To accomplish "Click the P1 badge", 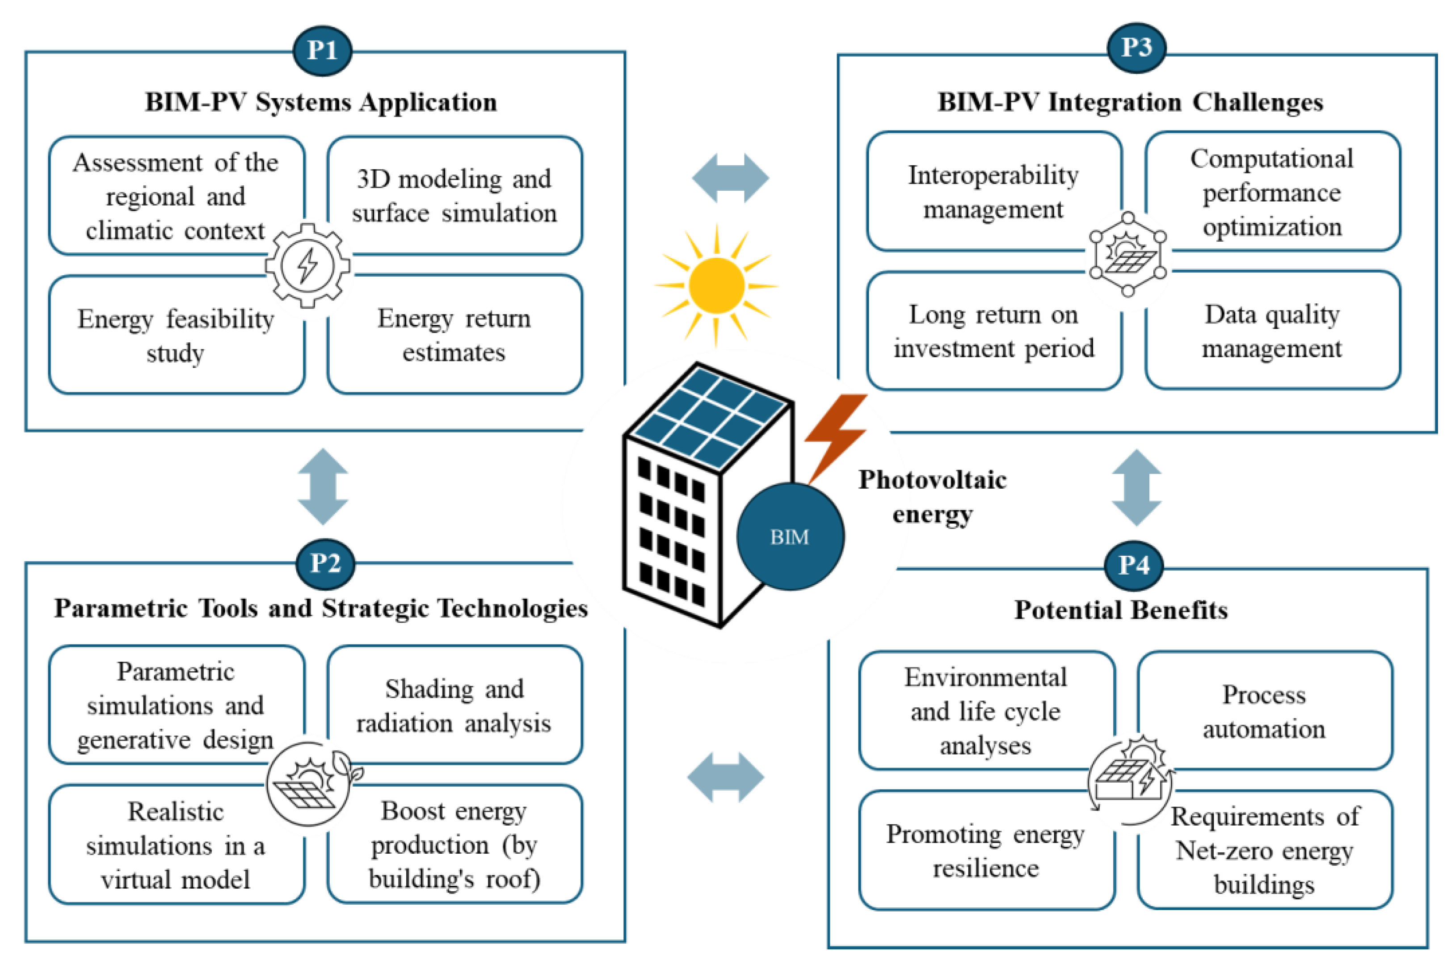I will click(322, 50).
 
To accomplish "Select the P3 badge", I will click(1136, 48).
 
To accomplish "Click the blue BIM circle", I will click(790, 537).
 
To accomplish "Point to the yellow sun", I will click(716, 285).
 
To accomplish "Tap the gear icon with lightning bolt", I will click(308, 266).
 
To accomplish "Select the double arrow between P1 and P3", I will click(730, 178).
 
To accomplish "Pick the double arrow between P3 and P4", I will click(1136, 487).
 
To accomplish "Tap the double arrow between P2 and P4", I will click(726, 777).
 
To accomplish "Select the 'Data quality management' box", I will click(1272, 331).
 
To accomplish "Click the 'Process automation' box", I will click(1264, 711).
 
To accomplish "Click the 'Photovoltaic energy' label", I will click(933, 496).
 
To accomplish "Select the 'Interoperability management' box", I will click(993, 192).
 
